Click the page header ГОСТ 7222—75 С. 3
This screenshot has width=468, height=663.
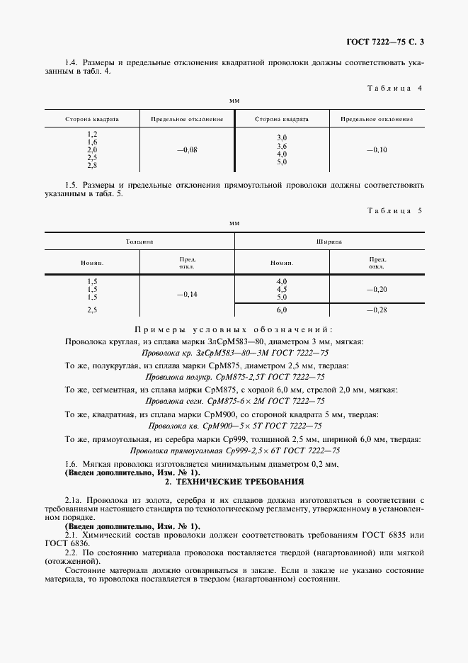click(387, 41)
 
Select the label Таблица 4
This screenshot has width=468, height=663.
click(395, 89)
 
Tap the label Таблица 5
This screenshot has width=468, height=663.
click(395, 210)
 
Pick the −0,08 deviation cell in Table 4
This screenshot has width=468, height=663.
click(187, 150)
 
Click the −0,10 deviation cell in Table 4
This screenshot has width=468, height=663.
click(377, 150)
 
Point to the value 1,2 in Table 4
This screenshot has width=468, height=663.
click(92, 135)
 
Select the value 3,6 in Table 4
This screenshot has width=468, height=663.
click(282, 145)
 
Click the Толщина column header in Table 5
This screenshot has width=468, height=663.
click(139, 242)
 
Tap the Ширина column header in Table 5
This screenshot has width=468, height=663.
click(329, 242)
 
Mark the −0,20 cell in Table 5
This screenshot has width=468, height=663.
click(377, 289)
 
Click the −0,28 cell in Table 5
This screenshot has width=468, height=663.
click(377, 310)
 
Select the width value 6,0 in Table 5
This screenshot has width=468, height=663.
click(282, 310)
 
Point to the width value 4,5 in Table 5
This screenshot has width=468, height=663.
click(282, 289)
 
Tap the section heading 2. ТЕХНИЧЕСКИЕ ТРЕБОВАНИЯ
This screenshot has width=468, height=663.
click(234, 482)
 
